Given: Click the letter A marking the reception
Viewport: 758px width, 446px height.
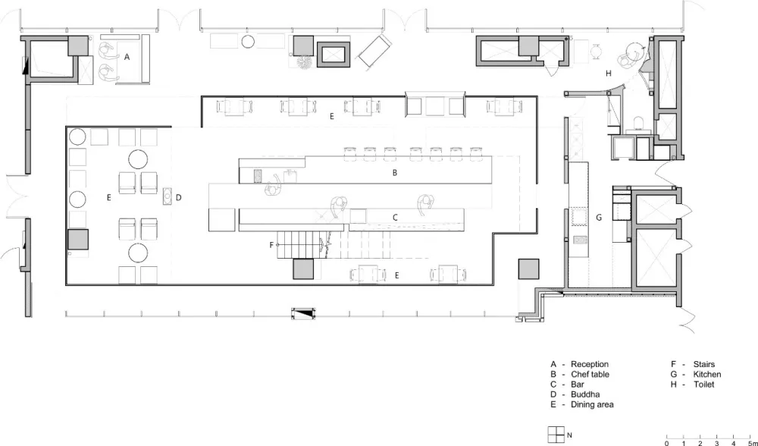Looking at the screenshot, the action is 127,57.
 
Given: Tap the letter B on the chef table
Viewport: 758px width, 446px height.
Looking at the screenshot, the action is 395,173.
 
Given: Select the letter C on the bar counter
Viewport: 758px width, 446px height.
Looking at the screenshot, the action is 395,218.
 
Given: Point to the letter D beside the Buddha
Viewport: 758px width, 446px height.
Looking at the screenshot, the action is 178,197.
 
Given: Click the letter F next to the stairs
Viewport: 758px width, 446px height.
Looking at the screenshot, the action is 271,245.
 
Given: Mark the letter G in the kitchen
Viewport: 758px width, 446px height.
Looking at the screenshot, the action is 599,218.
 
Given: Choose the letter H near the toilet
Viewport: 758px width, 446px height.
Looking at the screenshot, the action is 609,74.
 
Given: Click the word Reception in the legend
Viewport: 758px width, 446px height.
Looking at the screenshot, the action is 590,364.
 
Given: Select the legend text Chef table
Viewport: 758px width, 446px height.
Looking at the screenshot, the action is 590,375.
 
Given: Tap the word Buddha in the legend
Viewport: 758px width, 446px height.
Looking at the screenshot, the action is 585,394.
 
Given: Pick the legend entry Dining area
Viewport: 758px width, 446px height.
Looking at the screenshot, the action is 592,404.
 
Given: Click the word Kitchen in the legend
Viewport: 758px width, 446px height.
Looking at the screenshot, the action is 707,375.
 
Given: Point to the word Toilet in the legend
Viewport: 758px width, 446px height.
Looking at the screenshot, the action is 704,385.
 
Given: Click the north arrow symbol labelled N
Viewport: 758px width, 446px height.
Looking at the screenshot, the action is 556,435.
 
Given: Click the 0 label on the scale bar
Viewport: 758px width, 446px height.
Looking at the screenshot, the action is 667,443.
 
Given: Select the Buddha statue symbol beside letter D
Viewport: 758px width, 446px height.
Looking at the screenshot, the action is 168,196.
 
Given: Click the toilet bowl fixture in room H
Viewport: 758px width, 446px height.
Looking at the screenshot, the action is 638,123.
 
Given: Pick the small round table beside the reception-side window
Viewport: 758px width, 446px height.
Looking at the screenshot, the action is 248,42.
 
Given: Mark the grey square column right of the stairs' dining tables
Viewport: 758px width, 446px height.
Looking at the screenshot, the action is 528,269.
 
